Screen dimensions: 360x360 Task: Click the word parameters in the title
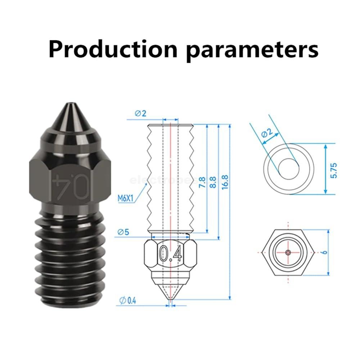252,50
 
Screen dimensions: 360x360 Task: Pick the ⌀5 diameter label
123,232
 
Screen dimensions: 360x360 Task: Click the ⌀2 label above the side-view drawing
141,113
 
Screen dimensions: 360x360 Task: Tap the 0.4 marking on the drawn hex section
171,254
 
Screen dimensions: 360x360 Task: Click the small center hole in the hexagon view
288,252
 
